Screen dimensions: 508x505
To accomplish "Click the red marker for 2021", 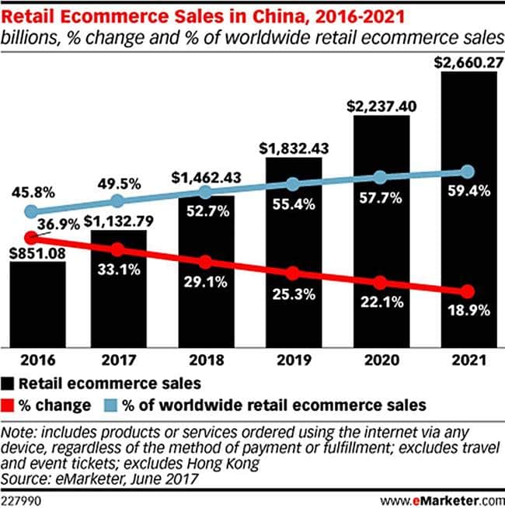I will [467, 292].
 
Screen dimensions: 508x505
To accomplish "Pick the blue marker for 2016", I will [31, 211].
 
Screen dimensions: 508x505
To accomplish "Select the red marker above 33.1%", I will [117, 250].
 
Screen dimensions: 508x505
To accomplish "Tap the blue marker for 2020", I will [380, 178].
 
